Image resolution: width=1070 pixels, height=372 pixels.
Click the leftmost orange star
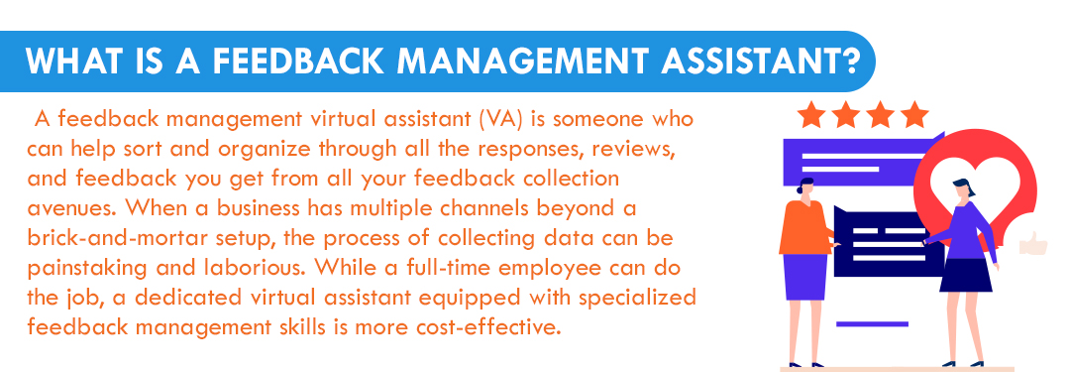pos(811,115)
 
